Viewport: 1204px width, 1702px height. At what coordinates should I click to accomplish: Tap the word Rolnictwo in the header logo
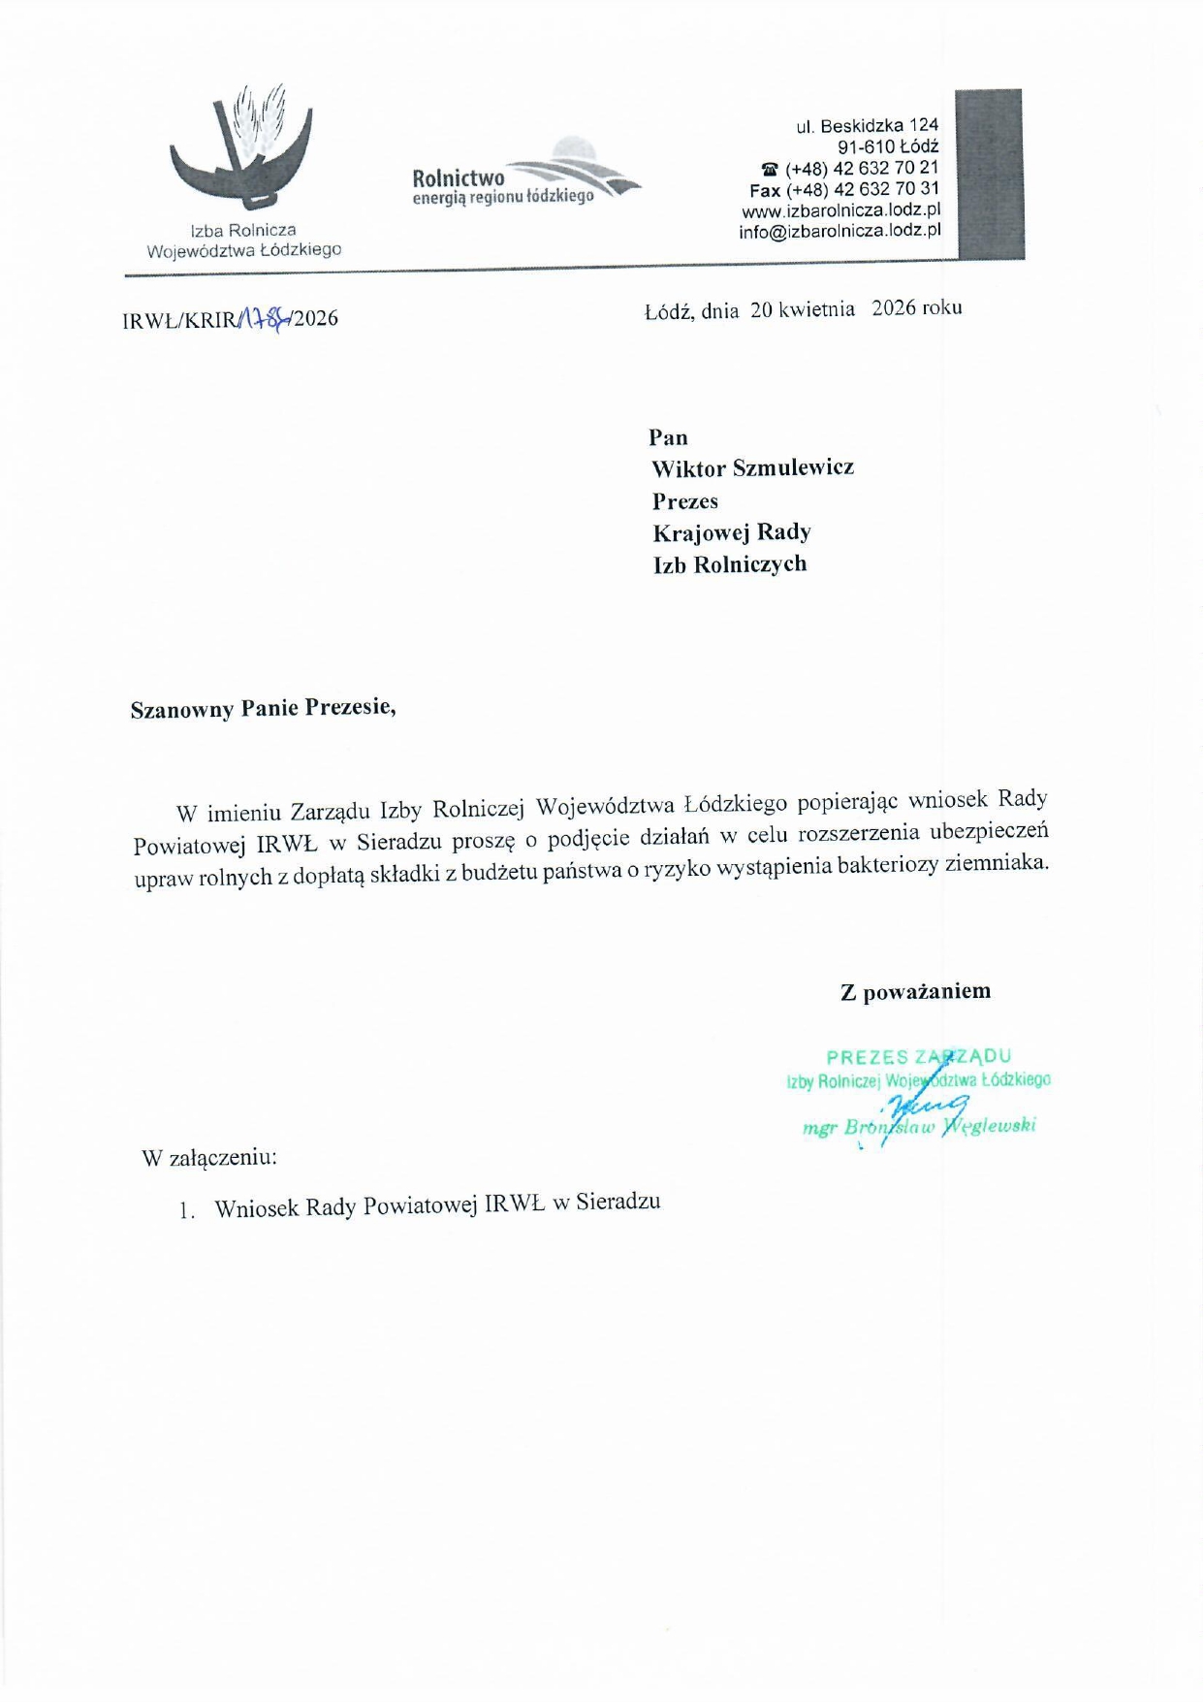458,178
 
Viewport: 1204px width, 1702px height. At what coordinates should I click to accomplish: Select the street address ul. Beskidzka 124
867,126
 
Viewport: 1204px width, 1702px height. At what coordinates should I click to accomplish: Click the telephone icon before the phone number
770,169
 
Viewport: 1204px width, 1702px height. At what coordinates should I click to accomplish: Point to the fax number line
843,189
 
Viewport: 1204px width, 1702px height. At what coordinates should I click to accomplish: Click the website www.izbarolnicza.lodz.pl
840,210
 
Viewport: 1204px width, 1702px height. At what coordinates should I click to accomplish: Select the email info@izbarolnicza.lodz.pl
840,232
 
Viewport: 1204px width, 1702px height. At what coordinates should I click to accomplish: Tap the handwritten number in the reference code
264,317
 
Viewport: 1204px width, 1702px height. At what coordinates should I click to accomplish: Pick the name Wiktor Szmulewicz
752,468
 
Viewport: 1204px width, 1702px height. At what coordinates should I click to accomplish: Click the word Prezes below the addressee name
684,501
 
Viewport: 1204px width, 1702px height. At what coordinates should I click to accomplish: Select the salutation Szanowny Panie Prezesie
264,708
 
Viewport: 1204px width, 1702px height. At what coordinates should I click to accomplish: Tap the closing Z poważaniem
914,991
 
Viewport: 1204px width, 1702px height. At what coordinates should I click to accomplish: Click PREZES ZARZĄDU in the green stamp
918,1057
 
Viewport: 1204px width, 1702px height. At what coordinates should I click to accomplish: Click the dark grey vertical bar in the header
989,175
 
